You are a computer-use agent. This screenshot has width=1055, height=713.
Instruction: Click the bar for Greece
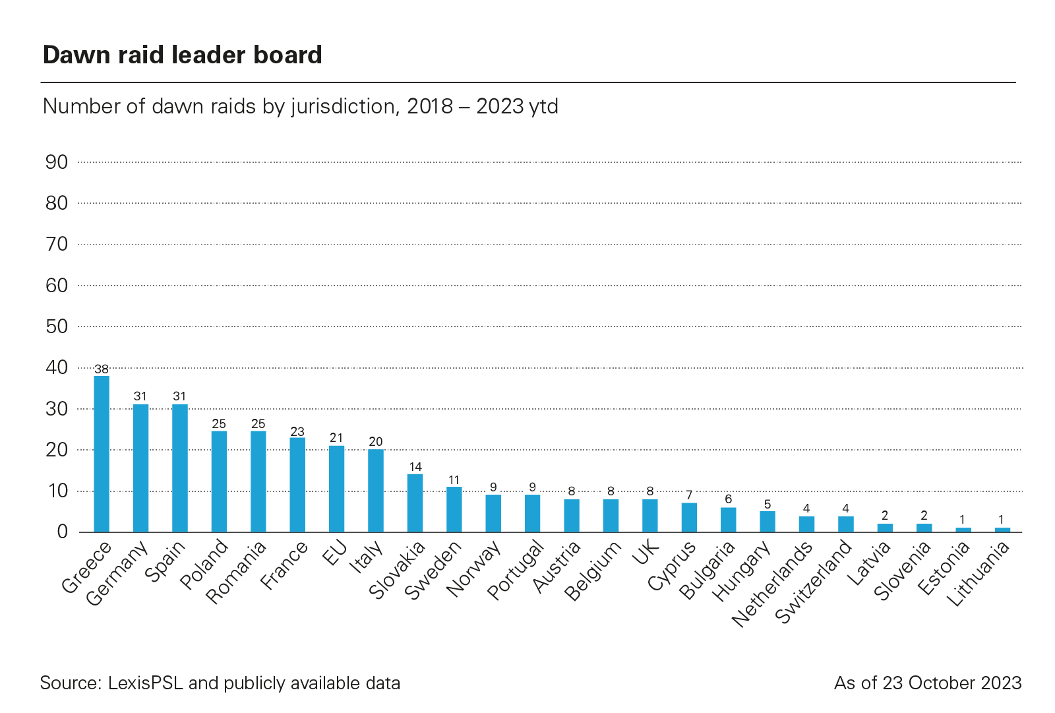[102, 454]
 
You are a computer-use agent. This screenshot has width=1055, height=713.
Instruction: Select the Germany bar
[140, 468]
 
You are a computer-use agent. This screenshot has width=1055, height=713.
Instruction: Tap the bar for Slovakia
[415, 503]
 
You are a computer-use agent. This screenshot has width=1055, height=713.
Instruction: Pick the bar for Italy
[376, 491]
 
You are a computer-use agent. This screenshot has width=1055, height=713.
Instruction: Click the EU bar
[336, 489]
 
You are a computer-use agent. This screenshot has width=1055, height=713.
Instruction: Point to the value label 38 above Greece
[102, 369]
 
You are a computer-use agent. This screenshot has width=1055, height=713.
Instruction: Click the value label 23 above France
[297, 432]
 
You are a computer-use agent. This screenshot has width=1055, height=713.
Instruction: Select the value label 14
[415, 467]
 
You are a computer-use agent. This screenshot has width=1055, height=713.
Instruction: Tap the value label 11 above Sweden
[454, 480]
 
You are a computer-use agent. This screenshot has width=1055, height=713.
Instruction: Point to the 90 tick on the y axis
[57, 162]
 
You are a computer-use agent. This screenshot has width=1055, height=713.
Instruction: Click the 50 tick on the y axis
[57, 326]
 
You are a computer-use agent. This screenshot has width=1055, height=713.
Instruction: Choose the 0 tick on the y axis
[63, 532]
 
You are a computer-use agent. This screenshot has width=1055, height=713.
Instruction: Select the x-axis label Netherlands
[773, 584]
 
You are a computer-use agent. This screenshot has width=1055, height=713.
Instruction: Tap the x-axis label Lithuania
[979, 574]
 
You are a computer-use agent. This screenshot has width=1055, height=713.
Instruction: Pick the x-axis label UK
[646, 553]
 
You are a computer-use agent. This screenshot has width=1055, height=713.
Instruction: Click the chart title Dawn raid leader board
[183, 55]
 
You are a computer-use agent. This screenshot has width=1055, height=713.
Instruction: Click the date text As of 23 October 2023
[928, 683]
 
